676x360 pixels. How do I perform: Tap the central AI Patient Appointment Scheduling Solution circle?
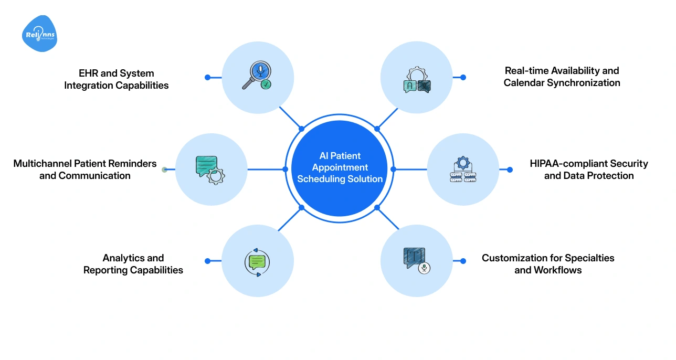click(x=340, y=167)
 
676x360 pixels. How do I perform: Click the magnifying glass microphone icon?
click(x=257, y=77)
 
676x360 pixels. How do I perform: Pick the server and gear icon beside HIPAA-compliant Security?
click(x=463, y=170)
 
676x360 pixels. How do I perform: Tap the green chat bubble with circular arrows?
click(x=257, y=261)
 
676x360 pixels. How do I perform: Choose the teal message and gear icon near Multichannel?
click(x=210, y=169)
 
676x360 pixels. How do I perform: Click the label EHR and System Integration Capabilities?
click(x=117, y=79)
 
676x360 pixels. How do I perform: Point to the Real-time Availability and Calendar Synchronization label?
click(x=562, y=77)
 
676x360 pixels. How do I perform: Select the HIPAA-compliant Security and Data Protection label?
click(x=589, y=170)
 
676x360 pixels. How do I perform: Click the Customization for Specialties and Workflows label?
click(x=548, y=264)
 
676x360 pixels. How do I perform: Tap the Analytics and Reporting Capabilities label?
click(x=133, y=264)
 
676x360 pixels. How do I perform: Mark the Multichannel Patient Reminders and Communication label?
click(x=85, y=170)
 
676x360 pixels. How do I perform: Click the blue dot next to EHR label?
click(x=207, y=77)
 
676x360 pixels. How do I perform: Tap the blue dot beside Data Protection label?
click(x=510, y=170)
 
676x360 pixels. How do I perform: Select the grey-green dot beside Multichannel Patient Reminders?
click(x=164, y=170)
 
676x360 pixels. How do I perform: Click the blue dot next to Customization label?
click(x=463, y=261)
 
